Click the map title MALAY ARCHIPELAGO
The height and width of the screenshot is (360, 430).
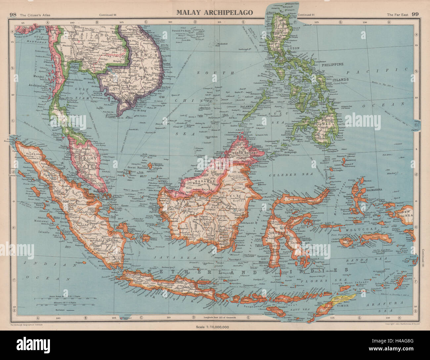pos(214,13)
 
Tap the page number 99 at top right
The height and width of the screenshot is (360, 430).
pos(416,14)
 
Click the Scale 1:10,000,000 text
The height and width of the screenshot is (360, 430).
pos(214,327)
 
